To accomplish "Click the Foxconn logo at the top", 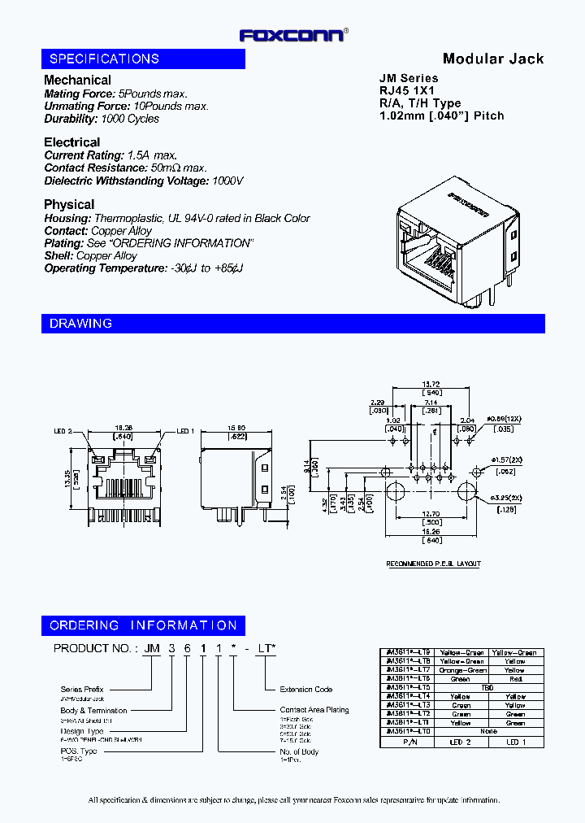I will click(x=292, y=35).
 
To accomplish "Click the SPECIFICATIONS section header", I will click(x=104, y=59).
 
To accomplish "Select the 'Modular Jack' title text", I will click(x=492, y=59).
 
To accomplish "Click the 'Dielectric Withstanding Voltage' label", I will click(x=126, y=181).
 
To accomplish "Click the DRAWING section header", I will click(x=80, y=324).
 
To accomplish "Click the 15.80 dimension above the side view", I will click(x=236, y=429).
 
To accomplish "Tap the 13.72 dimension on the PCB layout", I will click(x=431, y=383).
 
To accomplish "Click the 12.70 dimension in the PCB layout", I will click(x=431, y=513).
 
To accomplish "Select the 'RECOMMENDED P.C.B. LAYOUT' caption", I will click(x=433, y=564).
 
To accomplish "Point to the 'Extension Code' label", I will click(x=306, y=690).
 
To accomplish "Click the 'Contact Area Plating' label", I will click(x=314, y=710).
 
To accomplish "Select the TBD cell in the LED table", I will click(x=488, y=687).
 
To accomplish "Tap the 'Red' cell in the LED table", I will click(x=515, y=678).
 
